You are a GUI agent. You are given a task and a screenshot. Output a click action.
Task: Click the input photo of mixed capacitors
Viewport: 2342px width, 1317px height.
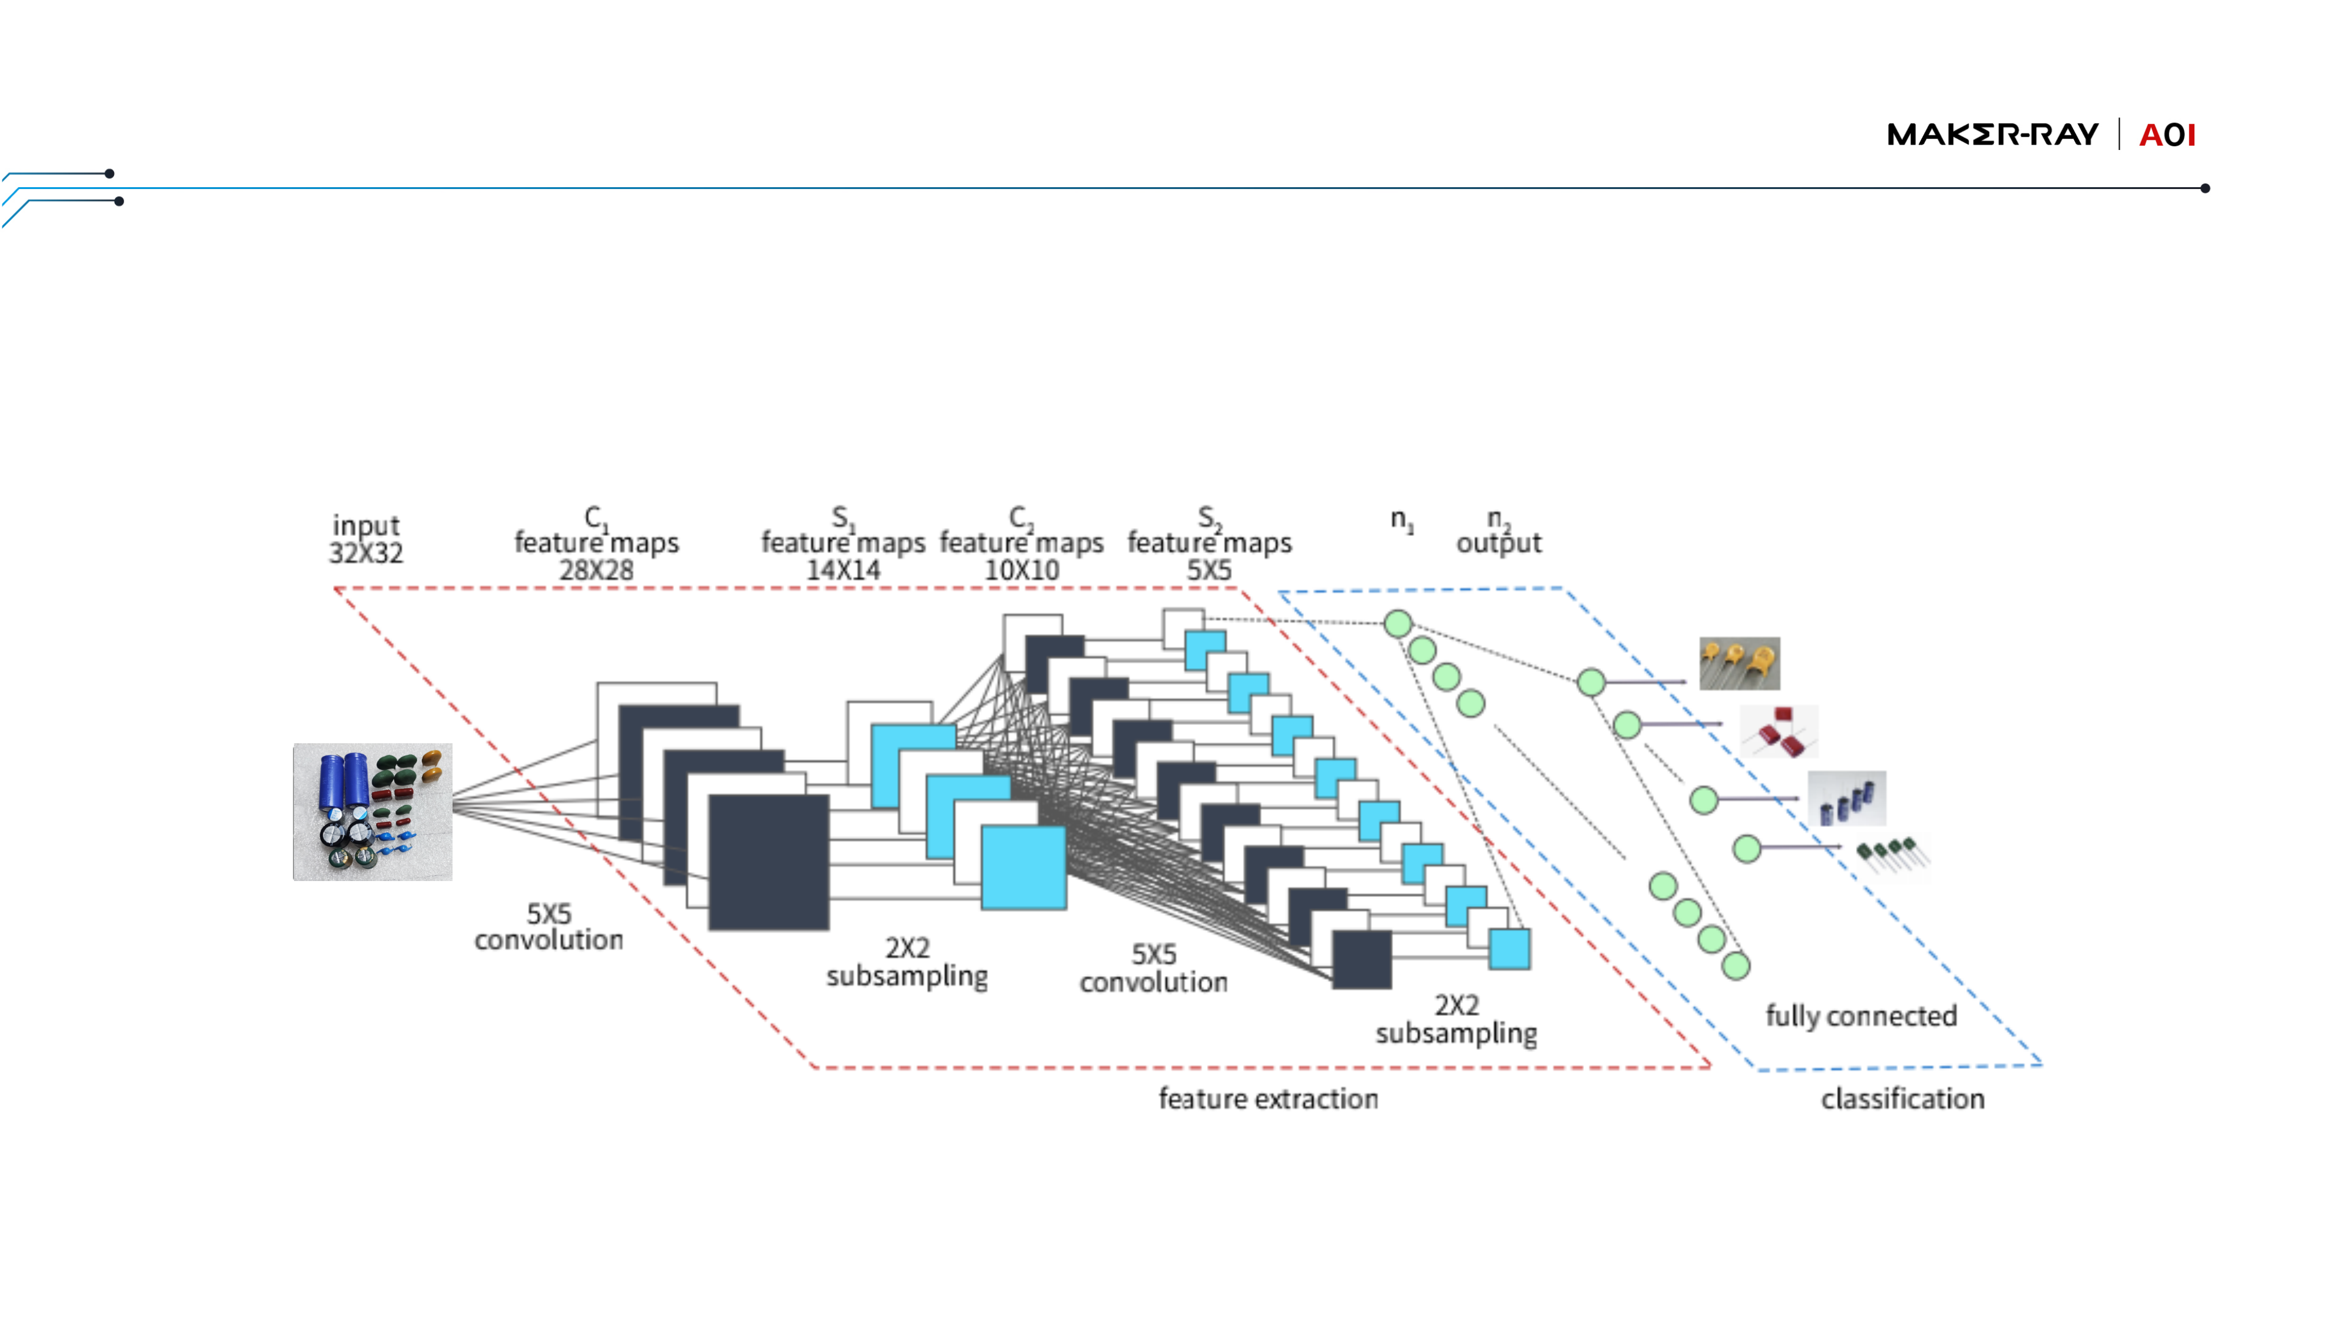(x=372, y=812)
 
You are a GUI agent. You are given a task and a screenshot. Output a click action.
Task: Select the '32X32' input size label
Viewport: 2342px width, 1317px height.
(x=365, y=552)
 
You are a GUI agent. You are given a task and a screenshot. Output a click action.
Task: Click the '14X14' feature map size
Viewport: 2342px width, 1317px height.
(x=843, y=570)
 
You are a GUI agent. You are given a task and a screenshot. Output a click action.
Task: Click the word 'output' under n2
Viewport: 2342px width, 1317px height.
(x=1499, y=543)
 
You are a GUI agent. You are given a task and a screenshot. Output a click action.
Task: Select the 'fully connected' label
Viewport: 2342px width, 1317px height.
(x=1861, y=1015)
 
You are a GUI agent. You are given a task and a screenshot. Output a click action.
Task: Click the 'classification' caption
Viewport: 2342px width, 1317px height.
(x=1902, y=1099)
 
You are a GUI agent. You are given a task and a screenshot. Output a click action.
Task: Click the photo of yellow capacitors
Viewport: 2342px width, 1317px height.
(x=1739, y=663)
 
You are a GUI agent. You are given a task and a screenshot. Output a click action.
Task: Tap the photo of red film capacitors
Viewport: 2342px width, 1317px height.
(x=1779, y=732)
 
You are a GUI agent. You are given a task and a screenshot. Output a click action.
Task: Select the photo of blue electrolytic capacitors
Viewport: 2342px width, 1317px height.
(x=1847, y=798)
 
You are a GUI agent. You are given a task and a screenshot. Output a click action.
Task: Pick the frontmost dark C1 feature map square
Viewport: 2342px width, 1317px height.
(x=768, y=862)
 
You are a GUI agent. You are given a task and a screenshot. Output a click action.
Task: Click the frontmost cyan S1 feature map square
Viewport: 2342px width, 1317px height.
(x=1023, y=867)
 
